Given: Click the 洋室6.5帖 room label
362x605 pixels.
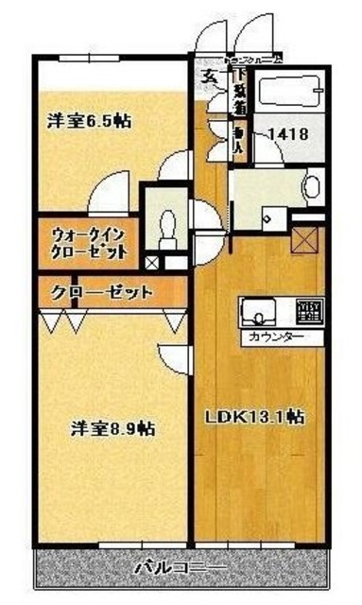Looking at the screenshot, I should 91,122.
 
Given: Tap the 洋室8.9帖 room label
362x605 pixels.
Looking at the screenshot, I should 112,428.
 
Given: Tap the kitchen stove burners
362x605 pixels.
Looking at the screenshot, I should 307,312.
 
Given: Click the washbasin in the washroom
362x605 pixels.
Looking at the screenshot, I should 310,185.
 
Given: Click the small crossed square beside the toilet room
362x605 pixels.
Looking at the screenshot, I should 153,262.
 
